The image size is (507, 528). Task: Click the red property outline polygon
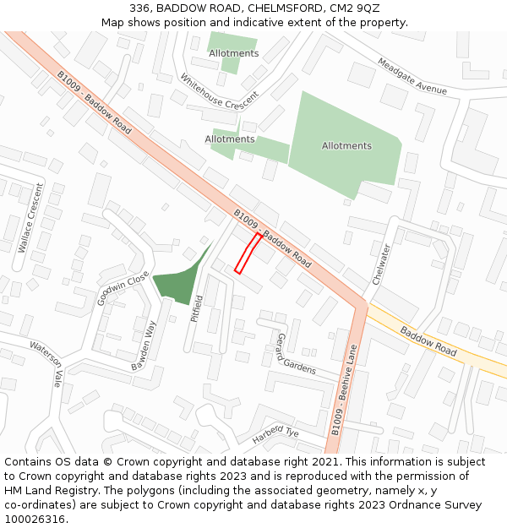pos(247,253)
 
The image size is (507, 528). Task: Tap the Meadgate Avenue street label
pos(412,77)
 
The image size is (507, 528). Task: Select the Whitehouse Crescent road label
pos(219,91)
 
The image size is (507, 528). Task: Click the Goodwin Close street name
pos(123,288)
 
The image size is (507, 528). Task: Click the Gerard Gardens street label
pos(295,355)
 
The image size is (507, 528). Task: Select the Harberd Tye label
pos(275,435)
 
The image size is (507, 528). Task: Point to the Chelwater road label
pos(382,264)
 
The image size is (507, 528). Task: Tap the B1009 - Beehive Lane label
pos(346,389)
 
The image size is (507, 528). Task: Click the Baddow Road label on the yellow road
pos(428,340)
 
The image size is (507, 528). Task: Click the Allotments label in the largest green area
pos(346,146)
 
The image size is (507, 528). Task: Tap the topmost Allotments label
pos(233,53)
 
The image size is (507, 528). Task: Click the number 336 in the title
pos(139,8)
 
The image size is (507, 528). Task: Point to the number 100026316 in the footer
pos(35,520)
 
